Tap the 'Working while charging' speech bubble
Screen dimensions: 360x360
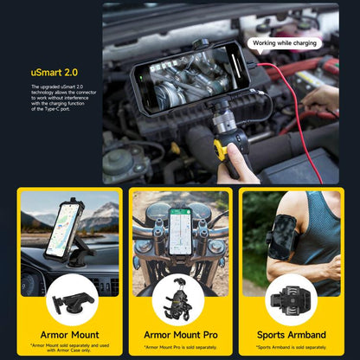click(285, 42)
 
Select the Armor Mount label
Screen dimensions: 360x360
click(68, 334)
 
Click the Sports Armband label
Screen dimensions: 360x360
click(291, 334)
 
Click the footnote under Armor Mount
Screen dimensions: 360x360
click(68, 348)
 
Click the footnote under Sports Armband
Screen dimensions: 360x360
click(291, 346)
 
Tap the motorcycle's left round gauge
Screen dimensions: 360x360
click(157, 213)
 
